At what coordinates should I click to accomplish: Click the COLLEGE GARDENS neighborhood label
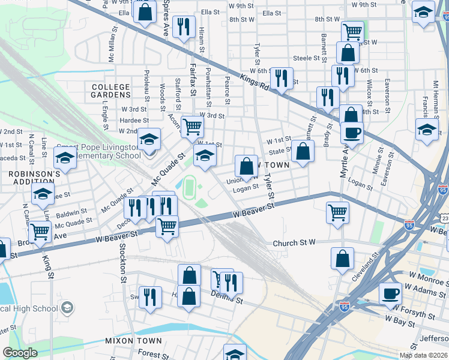tap(111, 91)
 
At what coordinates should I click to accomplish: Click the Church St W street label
tap(294, 244)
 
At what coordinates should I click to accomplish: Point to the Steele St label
tap(306, 58)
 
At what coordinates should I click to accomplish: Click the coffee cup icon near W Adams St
tap(390, 293)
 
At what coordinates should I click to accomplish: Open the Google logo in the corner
tap(20, 353)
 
